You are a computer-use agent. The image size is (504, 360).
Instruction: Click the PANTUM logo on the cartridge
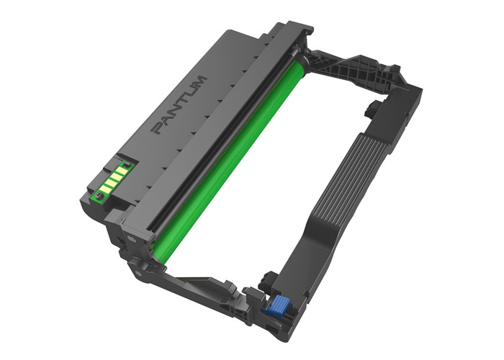(179, 104)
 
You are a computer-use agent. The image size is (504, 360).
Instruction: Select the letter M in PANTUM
(200, 82)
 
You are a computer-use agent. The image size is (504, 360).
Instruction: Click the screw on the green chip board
(99, 195)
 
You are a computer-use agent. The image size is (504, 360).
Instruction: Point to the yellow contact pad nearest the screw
(107, 188)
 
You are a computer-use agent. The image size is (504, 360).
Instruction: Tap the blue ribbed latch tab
(276, 305)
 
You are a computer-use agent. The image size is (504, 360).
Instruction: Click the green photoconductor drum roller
(228, 161)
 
